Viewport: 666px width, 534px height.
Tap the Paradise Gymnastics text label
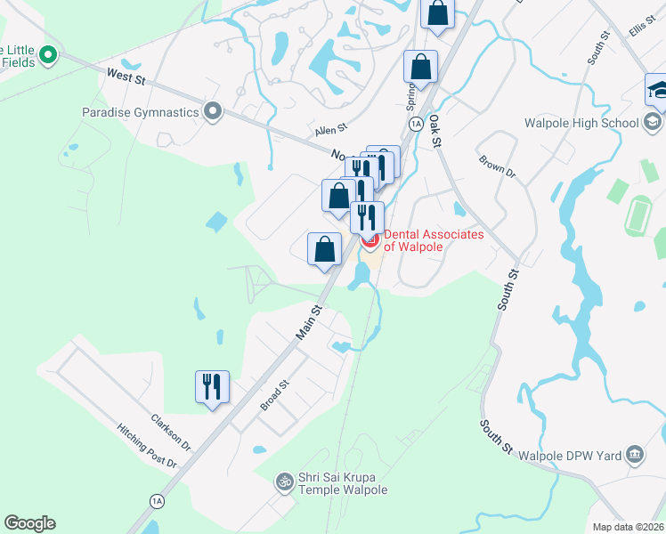pyautogui.click(x=139, y=113)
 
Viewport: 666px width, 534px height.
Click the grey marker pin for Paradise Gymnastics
pyautogui.click(x=213, y=112)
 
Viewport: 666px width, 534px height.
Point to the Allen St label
pyautogui.click(x=329, y=131)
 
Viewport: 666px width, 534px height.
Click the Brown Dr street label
pyautogui.click(x=497, y=166)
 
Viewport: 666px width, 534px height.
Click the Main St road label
pyautogui.click(x=308, y=322)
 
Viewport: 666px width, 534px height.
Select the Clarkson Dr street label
pyautogui.click(x=171, y=430)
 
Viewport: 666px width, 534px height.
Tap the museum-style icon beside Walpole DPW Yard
pyautogui.click(x=634, y=455)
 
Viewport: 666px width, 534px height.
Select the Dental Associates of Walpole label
pyautogui.click(x=434, y=240)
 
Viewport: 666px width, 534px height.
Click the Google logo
pyautogui.click(x=29, y=523)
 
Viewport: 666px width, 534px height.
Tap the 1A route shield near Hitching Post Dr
pyautogui.click(x=158, y=501)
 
